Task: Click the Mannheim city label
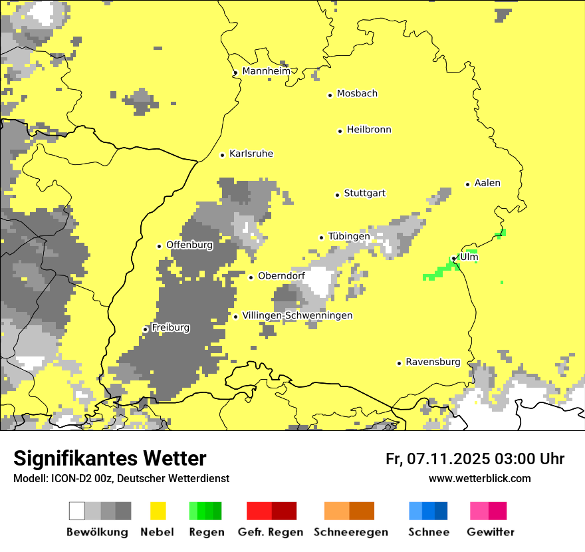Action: coord(266,71)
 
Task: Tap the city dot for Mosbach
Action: coord(330,95)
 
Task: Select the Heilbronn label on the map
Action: coord(369,130)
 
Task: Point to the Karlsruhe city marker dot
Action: coord(223,155)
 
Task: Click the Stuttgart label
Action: coord(364,194)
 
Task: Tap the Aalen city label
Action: coord(487,183)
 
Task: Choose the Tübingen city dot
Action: coord(322,237)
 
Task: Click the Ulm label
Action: coord(469,257)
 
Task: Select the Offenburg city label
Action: coord(189,245)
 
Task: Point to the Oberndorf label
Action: coord(281,276)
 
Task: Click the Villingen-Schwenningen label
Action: coord(297,315)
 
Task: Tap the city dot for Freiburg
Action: coord(146,329)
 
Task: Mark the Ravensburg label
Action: coord(433,362)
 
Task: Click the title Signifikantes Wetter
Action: coord(110,458)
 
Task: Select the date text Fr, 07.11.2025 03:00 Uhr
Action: coord(475,459)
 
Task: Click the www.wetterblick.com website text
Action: coord(479,478)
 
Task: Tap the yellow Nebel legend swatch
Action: coord(158,511)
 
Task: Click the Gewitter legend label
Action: coord(490,532)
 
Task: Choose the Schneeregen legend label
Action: coord(350,532)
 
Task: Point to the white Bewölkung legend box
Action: coord(77,511)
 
